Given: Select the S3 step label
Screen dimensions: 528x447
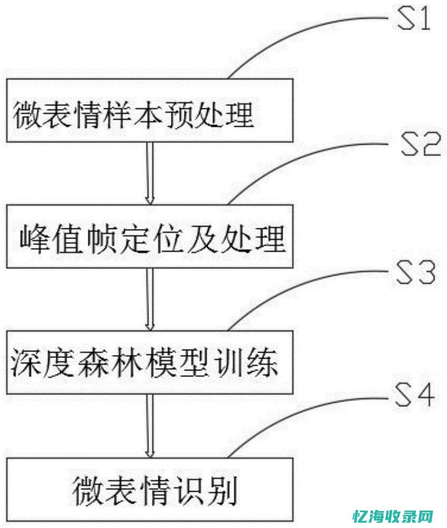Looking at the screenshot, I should (x=415, y=274).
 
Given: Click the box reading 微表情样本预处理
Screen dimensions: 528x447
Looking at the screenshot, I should (x=149, y=110).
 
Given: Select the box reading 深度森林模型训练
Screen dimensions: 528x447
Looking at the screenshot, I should (x=149, y=362).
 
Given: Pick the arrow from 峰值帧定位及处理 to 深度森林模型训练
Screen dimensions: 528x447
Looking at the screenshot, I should (x=150, y=299).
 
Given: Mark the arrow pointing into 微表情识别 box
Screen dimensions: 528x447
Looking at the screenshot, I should (x=150, y=425).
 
